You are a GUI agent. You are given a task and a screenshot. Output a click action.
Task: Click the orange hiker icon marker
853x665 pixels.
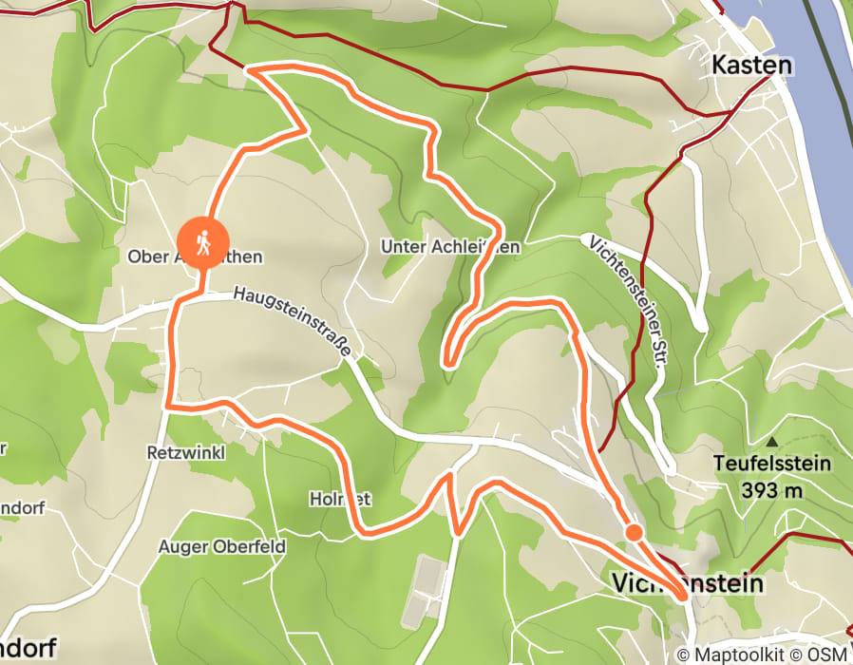click(203, 242)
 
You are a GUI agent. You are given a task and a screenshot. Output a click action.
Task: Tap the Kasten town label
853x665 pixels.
click(750, 66)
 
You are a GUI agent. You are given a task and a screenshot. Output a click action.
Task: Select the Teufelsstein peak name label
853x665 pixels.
click(772, 465)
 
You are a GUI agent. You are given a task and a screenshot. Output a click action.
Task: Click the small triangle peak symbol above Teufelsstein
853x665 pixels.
click(772, 442)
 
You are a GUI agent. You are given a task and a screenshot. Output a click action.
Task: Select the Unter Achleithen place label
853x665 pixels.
click(449, 247)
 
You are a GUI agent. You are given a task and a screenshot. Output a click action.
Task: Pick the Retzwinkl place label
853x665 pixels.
click(186, 452)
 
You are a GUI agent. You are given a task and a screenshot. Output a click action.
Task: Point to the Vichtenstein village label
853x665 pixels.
click(688, 581)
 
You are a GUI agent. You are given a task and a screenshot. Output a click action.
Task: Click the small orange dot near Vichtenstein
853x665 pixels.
click(633, 532)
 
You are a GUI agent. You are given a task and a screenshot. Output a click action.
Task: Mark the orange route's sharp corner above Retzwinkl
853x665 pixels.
click(168, 407)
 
